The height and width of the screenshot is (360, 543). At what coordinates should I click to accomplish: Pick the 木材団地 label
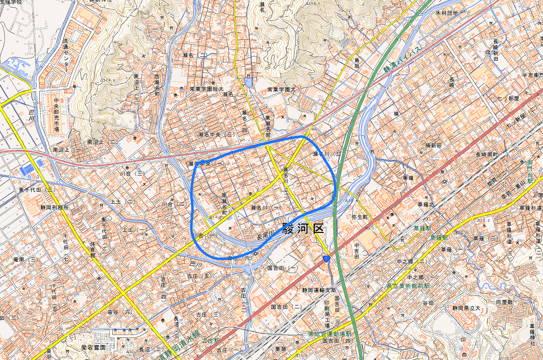(447, 13)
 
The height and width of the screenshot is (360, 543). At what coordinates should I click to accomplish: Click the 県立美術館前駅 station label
(408, 286)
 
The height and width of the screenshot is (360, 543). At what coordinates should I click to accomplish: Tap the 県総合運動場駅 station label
(330, 334)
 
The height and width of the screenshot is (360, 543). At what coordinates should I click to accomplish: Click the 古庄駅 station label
(211, 341)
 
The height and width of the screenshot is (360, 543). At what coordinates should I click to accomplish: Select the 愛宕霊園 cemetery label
(93, 348)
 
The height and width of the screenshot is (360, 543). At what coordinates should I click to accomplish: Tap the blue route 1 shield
(327, 259)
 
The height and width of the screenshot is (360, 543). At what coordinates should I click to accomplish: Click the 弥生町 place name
(359, 217)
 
